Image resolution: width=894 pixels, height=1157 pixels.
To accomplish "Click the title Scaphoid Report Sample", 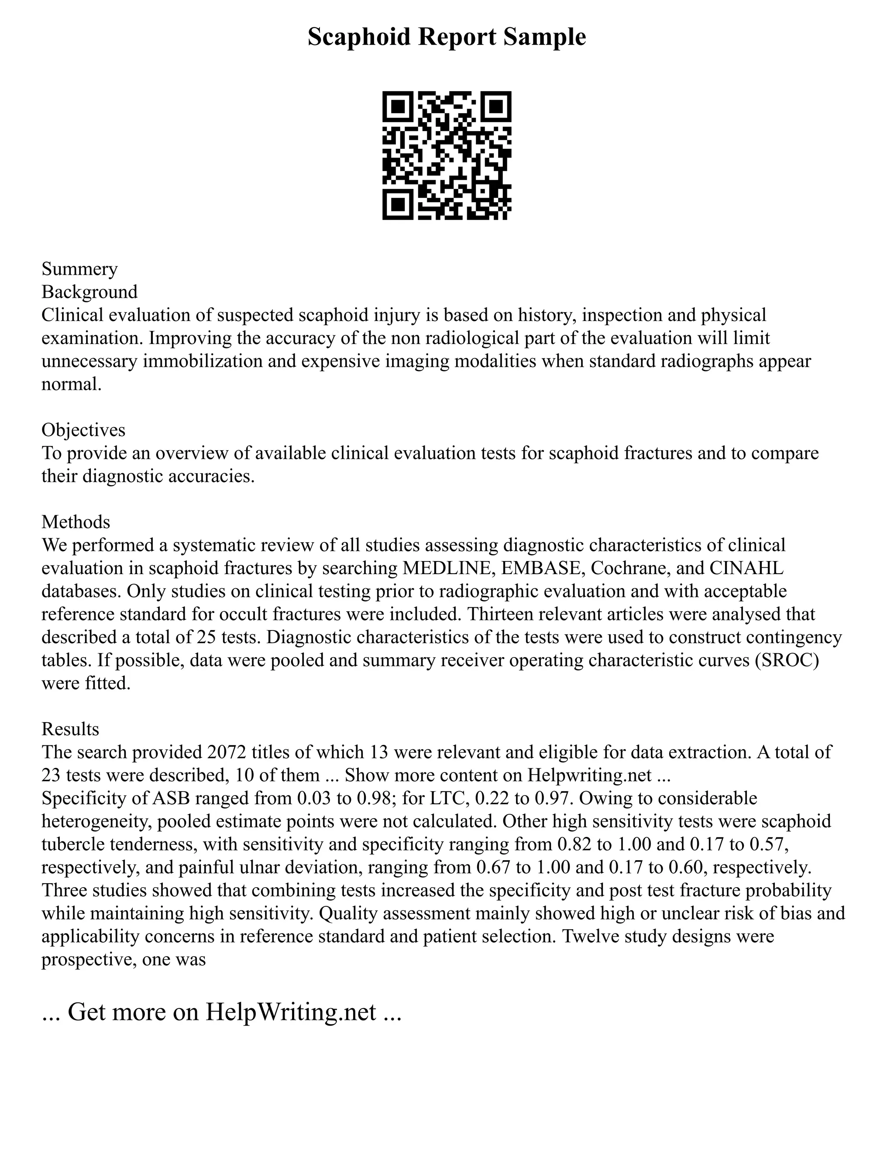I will click(x=447, y=37).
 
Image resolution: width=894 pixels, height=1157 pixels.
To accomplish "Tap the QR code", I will click(x=447, y=155).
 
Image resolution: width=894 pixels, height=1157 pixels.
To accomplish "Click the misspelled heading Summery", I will click(x=79, y=269).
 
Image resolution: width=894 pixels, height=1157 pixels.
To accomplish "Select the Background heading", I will click(x=89, y=292).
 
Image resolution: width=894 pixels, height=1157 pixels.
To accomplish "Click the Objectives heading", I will click(x=83, y=430).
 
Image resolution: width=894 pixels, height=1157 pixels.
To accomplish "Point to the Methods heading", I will click(x=76, y=522).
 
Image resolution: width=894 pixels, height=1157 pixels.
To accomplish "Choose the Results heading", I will click(x=70, y=729).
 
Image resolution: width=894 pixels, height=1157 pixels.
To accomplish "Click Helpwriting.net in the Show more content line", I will click(x=589, y=775).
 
